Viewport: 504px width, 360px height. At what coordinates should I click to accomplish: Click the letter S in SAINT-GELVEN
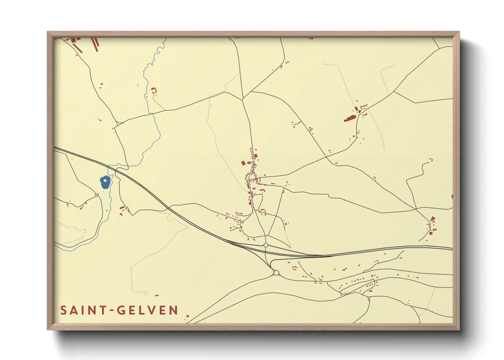63,310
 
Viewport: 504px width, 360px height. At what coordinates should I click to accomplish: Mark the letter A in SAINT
74,310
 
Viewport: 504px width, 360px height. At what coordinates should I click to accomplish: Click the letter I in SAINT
82,310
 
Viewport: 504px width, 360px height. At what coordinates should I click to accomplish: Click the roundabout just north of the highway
266,245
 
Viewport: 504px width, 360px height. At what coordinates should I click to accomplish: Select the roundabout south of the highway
276,273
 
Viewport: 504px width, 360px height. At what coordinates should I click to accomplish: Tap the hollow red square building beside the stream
154,91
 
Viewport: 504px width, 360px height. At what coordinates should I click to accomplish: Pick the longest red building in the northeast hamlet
349,119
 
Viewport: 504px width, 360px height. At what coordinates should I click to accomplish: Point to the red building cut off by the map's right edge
452,197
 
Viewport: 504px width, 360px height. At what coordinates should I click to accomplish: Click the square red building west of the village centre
243,163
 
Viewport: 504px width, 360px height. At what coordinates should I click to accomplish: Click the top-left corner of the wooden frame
48,32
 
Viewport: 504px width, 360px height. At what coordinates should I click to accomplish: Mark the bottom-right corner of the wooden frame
459,329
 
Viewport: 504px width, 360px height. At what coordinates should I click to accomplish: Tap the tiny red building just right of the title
187,316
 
